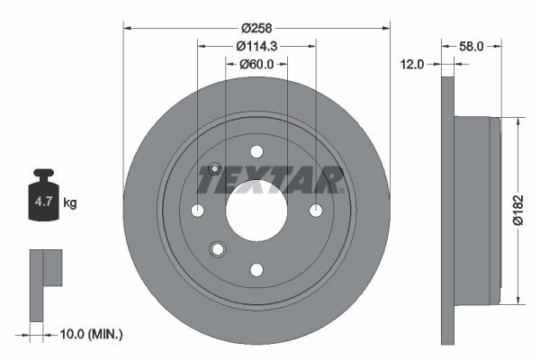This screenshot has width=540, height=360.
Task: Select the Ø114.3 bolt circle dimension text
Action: pos(256,45)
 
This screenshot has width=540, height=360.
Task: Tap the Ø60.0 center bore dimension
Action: pos(256,64)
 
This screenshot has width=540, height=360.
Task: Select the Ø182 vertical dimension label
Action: pos(518,209)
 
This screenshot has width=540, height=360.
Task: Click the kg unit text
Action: pos(70,203)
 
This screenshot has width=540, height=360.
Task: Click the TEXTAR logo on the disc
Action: pos(270,181)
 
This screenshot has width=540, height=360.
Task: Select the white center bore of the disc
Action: pos(256,209)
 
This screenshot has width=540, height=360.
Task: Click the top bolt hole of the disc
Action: pos(256,151)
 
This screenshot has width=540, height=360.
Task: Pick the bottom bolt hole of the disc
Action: pos(256,269)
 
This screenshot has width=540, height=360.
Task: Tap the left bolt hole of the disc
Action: pos(197,210)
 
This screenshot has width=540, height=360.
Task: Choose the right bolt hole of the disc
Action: pos(316,210)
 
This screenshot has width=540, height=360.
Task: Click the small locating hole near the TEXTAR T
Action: pos(214,168)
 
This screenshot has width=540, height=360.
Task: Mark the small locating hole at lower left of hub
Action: pos(216,249)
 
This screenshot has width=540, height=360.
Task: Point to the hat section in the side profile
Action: pos(477,209)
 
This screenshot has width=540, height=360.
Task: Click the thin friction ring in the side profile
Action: pos(448,209)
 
